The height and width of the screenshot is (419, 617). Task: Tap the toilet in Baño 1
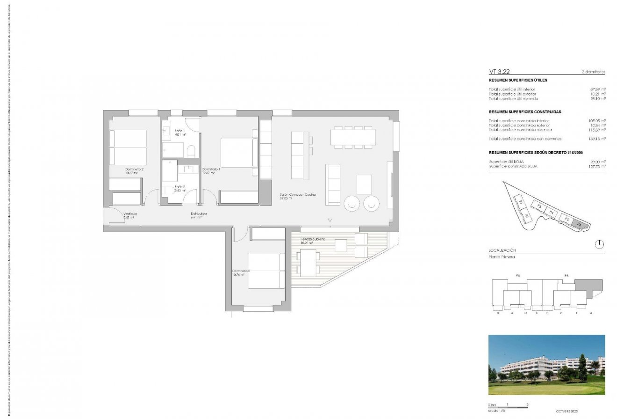point(191,151)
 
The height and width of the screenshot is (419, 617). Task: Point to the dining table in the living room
point(353,137)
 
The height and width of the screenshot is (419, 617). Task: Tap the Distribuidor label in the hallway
point(199,214)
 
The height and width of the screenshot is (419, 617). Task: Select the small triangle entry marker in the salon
point(330,220)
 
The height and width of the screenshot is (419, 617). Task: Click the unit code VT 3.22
point(499,72)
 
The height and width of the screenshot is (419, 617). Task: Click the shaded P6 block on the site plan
point(580,224)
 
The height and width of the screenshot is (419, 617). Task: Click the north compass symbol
point(600,244)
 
